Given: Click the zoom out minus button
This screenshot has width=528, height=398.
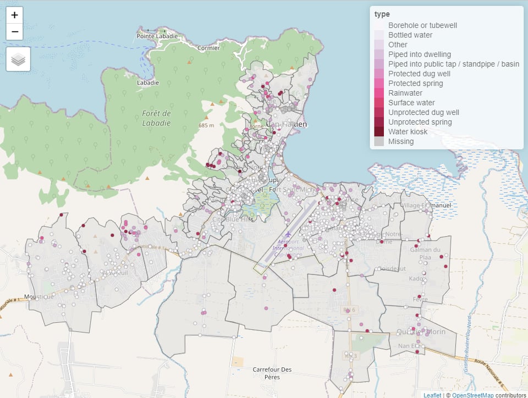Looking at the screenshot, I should (15, 32).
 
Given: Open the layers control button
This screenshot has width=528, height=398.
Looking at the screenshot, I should (18, 59).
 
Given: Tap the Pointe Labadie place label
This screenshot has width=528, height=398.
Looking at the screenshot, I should (157, 36).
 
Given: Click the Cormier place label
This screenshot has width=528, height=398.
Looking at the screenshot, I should (208, 48).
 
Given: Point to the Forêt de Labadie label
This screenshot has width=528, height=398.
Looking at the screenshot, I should (157, 118).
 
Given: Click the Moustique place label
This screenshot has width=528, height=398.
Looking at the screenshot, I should (40, 296).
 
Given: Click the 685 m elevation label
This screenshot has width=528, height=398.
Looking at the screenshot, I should (206, 125).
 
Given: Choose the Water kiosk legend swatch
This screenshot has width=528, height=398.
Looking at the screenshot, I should (380, 132).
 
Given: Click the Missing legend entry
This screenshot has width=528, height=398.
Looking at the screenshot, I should (401, 141).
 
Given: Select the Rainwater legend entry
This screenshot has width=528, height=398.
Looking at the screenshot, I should (405, 93).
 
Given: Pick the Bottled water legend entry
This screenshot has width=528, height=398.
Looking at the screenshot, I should (410, 35).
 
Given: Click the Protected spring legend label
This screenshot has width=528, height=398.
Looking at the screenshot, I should (415, 84).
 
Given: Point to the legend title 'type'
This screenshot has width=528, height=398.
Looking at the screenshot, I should (382, 14).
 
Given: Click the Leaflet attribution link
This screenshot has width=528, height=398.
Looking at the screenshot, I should (432, 394).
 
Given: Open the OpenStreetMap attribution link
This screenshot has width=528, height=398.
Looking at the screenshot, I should (472, 394).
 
